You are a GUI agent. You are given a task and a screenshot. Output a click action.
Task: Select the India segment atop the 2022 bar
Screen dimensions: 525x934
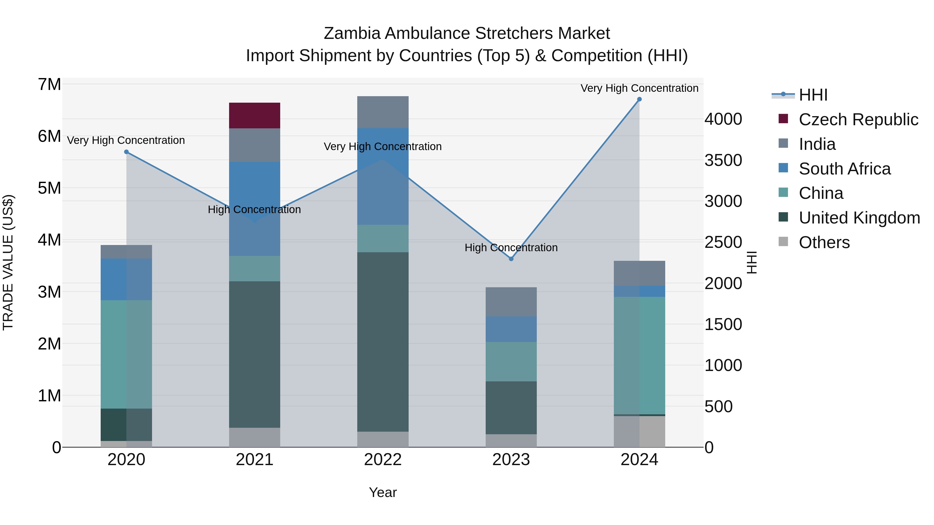(x=383, y=112)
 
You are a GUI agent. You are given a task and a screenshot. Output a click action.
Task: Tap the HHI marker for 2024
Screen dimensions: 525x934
(x=639, y=99)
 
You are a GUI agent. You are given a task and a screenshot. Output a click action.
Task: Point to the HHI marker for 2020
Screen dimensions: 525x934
(x=126, y=152)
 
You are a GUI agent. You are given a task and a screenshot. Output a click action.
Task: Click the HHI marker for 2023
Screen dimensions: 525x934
(x=511, y=259)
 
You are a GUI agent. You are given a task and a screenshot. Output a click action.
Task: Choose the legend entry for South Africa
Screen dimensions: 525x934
(x=844, y=169)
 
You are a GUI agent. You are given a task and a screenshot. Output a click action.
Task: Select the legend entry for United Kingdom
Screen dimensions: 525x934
(x=859, y=218)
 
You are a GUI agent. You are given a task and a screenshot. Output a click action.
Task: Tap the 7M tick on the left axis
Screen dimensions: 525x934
(x=50, y=85)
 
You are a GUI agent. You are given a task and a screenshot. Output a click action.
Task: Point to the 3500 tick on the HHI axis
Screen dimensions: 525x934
(x=723, y=160)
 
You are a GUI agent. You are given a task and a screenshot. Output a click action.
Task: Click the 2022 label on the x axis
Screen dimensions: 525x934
(x=383, y=460)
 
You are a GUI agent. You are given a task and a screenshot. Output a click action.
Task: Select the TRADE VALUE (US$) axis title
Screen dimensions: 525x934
(x=8, y=262)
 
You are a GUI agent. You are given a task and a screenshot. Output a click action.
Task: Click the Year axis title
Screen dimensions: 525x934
(x=383, y=492)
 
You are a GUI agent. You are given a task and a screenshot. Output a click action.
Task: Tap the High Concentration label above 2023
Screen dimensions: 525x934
(x=511, y=248)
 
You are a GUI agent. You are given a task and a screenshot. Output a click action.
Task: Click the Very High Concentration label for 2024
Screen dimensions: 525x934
(x=639, y=88)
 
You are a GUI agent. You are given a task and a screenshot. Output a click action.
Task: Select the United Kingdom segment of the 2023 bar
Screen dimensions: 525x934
(x=511, y=407)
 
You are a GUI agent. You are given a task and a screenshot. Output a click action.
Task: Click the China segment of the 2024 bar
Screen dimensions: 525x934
(x=639, y=355)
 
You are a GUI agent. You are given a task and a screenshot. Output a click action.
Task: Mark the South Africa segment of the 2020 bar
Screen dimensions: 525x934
(x=126, y=279)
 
